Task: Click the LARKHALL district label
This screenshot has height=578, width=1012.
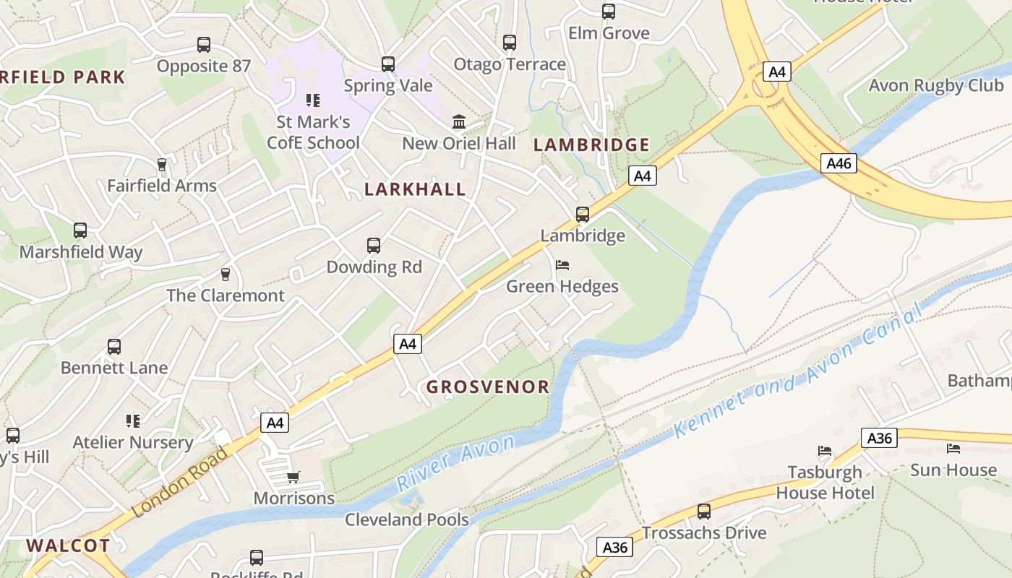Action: coord(415,189)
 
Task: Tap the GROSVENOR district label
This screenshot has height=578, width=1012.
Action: coord(488,387)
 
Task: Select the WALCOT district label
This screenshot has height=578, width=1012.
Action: coord(69,545)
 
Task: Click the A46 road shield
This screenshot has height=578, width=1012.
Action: coord(839,163)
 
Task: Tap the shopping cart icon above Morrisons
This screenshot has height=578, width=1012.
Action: coord(293,477)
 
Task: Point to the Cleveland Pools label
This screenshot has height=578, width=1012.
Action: coord(407,519)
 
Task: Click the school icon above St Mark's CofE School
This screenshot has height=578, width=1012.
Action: coord(312,100)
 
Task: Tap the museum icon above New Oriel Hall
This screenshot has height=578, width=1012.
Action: coord(459,121)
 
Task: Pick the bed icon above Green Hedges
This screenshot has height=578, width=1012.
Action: coord(562,265)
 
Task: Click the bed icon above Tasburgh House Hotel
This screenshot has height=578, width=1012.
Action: coord(825,451)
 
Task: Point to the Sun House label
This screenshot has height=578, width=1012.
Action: coord(953,470)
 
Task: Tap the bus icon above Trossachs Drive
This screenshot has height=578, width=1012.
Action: coord(703,512)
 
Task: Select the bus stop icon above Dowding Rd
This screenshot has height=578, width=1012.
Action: coord(373,246)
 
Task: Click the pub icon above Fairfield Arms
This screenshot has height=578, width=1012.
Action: coord(162,165)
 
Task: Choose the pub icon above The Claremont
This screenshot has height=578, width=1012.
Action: coord(226,275)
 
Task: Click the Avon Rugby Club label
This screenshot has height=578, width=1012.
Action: coord(935,85)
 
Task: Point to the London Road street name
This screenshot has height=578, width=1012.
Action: coord(181,482)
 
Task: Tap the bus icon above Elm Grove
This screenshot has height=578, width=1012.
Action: coord(609,12)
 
